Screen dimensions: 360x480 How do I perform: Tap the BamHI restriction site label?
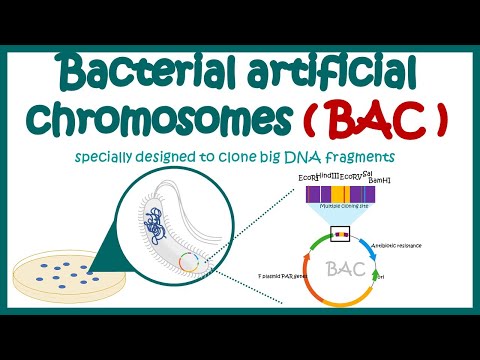tap(384, 182)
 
